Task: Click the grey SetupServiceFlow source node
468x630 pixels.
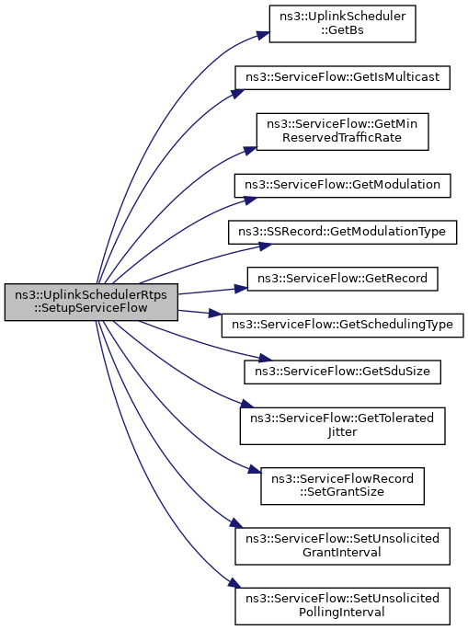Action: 91,302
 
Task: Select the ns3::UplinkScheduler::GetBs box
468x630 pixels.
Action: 342,24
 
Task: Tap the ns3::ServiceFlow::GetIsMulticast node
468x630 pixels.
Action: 342,77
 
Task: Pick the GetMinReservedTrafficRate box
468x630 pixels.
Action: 342,132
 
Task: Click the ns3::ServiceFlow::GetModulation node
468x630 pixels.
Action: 342,185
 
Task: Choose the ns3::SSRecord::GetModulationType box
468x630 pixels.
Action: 342,232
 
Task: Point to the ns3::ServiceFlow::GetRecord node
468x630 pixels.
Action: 342,279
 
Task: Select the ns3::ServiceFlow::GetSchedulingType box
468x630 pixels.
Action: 342,325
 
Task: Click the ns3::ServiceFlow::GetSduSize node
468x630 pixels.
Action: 342,372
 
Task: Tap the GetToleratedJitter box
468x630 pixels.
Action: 342,426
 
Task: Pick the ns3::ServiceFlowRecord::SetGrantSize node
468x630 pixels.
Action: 342,486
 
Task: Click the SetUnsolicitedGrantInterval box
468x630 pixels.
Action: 342,546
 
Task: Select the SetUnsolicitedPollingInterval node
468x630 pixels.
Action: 342,606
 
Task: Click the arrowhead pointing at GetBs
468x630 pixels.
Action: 263,35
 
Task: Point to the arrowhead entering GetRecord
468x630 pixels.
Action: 241,288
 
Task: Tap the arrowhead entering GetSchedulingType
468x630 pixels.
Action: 215,314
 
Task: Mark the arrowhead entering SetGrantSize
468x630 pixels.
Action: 255,468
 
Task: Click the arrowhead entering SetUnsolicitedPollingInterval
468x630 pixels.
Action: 235,584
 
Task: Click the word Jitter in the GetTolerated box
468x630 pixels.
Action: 342,432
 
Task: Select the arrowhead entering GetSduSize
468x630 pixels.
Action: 266,357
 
